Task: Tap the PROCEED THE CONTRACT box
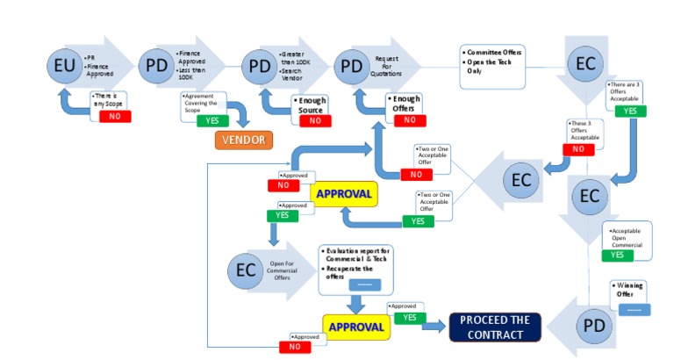coord(494,327)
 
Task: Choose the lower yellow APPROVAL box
coord(355,328)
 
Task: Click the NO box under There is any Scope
coord(115,116)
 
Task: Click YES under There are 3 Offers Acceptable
coord(629,111)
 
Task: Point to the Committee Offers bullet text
coord(494,53)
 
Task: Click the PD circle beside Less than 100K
coord(157,65)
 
